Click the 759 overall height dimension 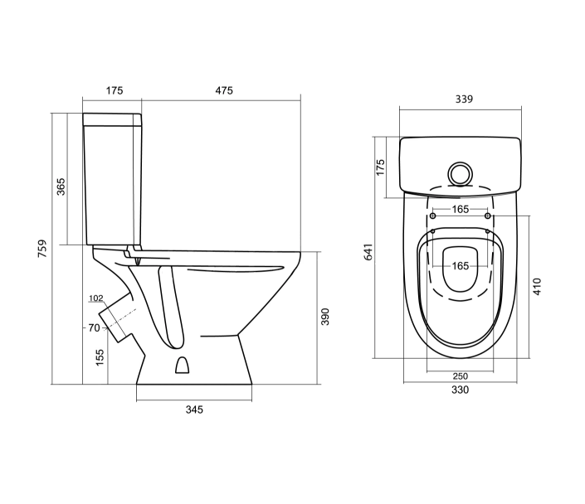pos(42,249)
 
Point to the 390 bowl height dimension pos(325,317)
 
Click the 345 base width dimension pos(193,409)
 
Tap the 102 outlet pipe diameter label pos(95,298)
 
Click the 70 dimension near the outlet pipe pos(94,327)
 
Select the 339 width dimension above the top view pos(463,99)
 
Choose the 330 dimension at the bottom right pos(460,390)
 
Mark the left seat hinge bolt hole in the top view pos(433,216)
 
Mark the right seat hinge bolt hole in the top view pos(487,216)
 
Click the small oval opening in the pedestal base pos(183,364)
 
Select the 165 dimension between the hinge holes pos(461,209)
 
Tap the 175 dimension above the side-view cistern pos(115,90)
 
